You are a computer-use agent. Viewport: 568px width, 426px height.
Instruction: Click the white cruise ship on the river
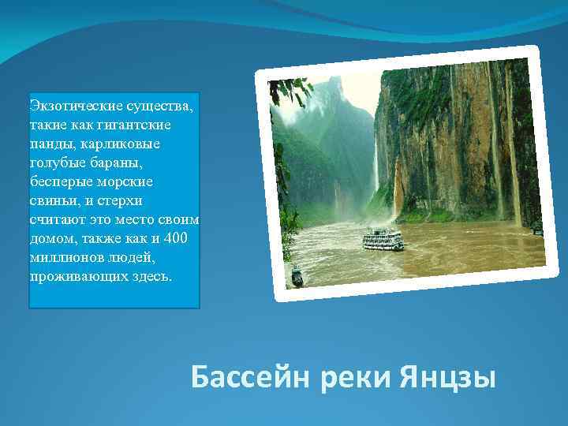(383, 239)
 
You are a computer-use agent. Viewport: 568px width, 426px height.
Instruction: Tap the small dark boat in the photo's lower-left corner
(297, 278)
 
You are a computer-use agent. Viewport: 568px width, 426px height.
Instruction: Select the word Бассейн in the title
(252, 377)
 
